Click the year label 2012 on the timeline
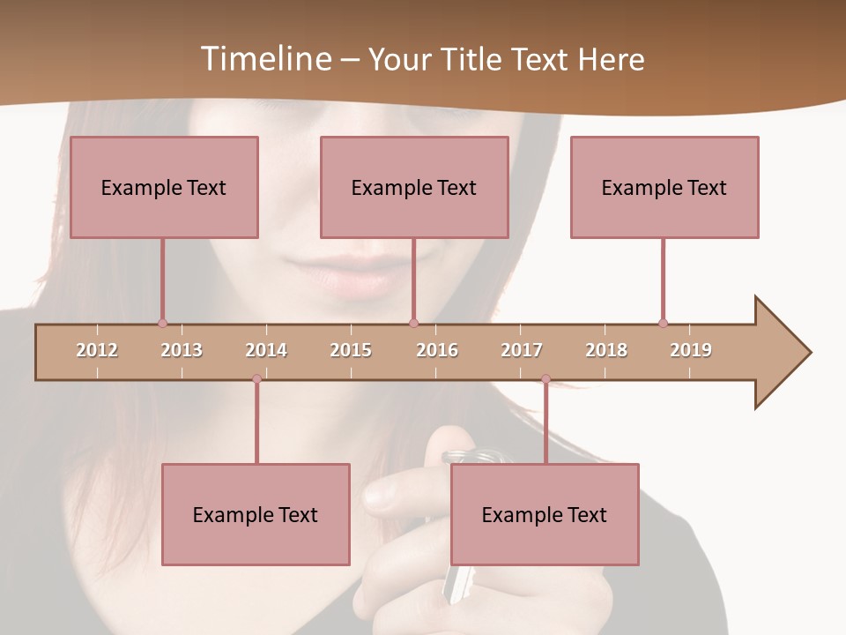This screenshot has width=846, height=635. [97, 350]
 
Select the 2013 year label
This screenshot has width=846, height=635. [182, 350]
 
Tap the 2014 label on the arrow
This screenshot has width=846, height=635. [266, 350]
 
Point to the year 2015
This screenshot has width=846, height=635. [351, 350]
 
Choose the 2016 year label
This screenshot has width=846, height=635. [437, 350]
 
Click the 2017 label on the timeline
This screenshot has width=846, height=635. [522, 350]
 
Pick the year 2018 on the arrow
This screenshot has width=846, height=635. [606, 350]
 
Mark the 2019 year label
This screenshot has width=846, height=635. [691, 350]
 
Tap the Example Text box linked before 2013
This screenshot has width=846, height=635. [164, 187]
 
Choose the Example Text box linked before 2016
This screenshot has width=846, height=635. [414, 187]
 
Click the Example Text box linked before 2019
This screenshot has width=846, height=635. [664, 187]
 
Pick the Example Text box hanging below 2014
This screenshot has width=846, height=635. [256, 514]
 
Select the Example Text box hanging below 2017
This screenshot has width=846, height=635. [545, 514]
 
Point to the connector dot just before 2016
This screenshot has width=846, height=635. [414, 323]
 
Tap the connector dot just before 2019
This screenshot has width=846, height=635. [663, 323]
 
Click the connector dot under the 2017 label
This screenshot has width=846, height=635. [545, 379]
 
